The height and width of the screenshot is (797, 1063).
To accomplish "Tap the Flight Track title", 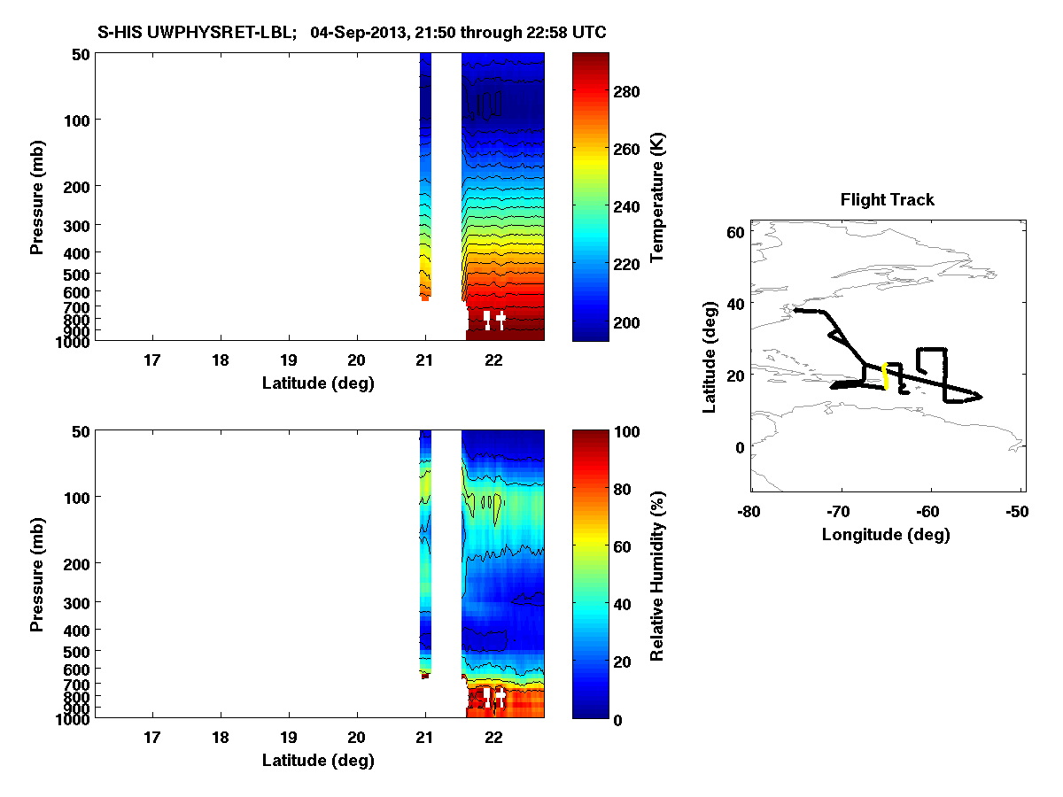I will point(887,200).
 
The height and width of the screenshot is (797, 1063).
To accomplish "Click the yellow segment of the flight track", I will point(886,375).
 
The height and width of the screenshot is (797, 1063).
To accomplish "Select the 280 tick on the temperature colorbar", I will point(632,91).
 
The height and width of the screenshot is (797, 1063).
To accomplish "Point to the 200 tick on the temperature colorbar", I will point(632,321).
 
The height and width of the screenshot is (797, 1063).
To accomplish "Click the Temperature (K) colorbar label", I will point(657,197).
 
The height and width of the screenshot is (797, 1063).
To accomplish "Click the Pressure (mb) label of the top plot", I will point(37,197).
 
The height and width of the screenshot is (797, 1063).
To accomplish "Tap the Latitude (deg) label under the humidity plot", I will point(318,760).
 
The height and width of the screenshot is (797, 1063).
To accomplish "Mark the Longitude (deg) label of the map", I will point(886,534).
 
